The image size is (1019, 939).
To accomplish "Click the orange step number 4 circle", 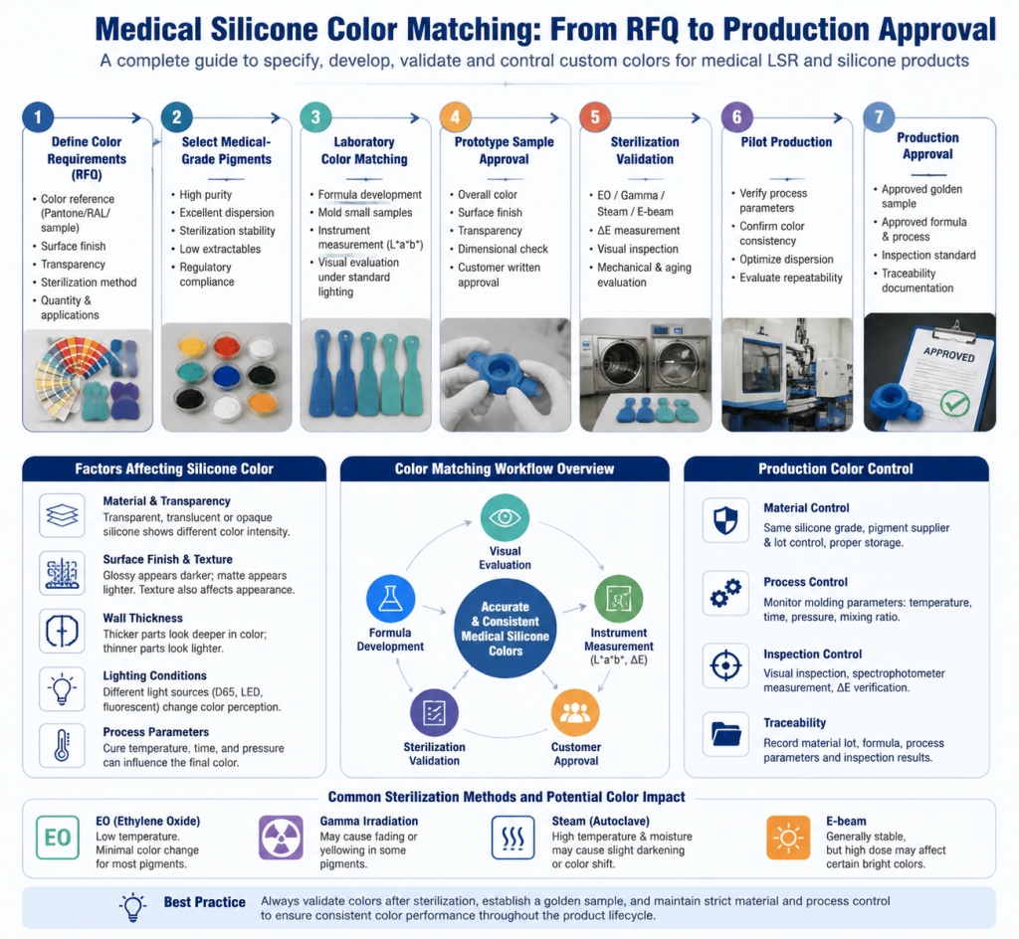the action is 455,117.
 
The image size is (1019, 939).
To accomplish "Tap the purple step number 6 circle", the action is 737,117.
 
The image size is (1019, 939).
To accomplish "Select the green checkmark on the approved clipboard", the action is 954,405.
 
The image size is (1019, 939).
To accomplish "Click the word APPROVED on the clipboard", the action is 948,354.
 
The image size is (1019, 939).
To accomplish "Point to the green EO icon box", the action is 57,838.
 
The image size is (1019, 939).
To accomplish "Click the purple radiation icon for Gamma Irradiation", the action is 281,838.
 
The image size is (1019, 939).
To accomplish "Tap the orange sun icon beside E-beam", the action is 788,838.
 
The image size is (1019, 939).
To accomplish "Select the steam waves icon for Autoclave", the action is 513,838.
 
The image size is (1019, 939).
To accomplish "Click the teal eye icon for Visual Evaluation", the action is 505,517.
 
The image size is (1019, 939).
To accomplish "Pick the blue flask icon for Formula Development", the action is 390,599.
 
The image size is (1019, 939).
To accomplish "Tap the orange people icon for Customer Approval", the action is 575,713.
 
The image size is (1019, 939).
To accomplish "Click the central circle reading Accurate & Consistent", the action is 506,628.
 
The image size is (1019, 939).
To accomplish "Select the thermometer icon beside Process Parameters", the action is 62,745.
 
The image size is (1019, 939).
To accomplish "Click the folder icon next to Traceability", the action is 725,734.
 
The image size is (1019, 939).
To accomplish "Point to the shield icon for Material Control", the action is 725,520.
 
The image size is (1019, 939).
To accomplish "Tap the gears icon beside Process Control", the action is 725,593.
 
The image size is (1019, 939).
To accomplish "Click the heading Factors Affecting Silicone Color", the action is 174,469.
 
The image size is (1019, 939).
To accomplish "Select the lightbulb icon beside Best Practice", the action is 132,906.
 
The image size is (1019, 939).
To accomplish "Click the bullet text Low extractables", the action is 220,249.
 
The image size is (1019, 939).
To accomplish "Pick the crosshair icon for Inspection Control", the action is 725,665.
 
